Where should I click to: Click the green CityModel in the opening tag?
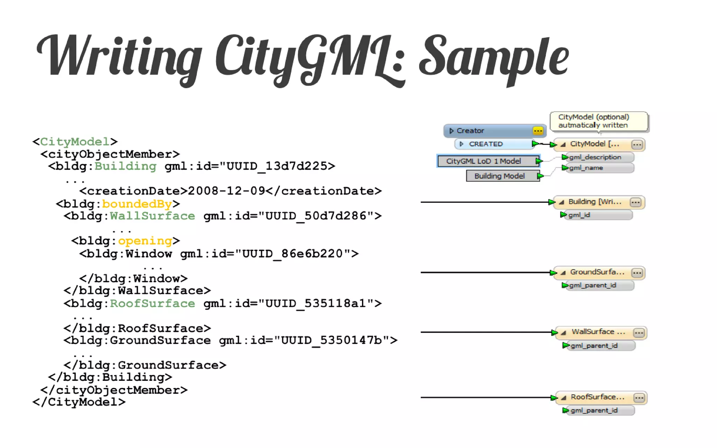pos(75,142)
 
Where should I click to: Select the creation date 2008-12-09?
pos(226,191)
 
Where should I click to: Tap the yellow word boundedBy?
pos(137,204)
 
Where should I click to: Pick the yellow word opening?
pos(145,241)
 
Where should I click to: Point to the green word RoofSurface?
pos(152,303)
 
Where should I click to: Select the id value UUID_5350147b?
pos(331,340)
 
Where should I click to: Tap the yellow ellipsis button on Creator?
pos(538,131)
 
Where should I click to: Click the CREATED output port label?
pos(486,144)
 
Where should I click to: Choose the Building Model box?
pos(499,176)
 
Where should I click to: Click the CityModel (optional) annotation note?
pos(598,121)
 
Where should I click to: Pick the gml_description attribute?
pos(595,157)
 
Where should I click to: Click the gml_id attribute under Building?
pos(579,215)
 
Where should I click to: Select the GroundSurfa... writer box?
pos(597,272)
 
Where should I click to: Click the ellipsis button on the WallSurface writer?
pos(639,333)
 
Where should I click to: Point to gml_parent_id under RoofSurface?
pos(594,411)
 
